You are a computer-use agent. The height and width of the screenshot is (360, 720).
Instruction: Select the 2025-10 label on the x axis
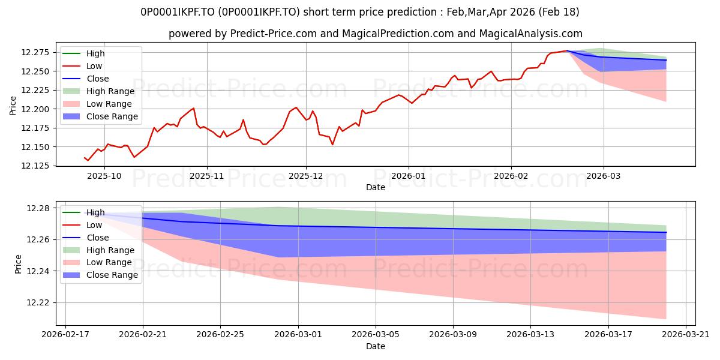point(104,176)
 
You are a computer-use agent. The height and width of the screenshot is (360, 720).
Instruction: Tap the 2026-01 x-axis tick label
point(409,176)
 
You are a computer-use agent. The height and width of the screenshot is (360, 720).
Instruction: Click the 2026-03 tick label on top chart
point(603,176)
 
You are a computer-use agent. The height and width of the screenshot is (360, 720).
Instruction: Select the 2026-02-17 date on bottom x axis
point(65,334)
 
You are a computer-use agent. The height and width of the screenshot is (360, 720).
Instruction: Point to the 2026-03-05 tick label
point(376,334)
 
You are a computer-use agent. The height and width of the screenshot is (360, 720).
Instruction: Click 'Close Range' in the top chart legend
point(112,116)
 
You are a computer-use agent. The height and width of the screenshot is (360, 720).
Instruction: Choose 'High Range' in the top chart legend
point(110,91)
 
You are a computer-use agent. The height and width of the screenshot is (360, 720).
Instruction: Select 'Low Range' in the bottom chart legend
point(109,262)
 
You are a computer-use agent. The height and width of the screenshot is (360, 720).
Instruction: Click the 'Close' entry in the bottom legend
point(98,238)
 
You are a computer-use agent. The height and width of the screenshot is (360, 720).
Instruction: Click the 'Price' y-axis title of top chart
point(13,104)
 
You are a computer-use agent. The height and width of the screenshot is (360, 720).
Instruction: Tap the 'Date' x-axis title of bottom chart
point(376,346)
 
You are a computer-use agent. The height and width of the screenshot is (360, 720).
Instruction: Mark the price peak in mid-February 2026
point(566,51)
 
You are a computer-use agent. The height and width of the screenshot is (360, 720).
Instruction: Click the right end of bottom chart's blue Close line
point(666,232)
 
